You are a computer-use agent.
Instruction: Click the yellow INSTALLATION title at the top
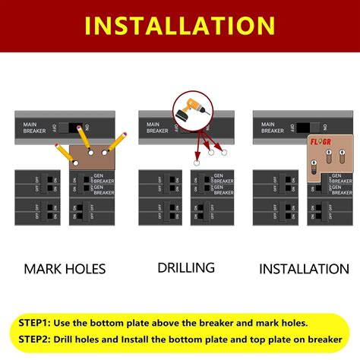point(180,25)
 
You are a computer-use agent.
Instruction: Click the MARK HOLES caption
point(65,268)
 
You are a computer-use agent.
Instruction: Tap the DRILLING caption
point(186,267)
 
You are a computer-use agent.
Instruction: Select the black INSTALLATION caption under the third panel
point(304,268)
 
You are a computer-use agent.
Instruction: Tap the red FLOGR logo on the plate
point(319,142)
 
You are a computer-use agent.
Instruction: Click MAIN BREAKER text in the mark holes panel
point(33,128)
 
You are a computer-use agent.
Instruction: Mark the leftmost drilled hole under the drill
point(195,163)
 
